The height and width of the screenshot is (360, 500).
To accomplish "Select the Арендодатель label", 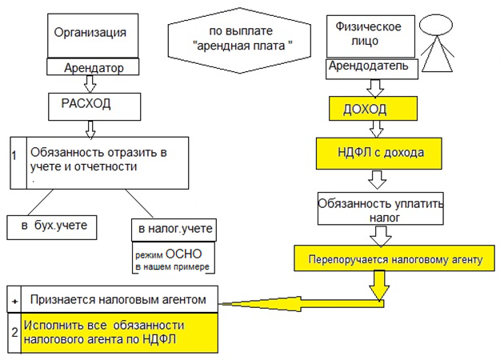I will [372, 67].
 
